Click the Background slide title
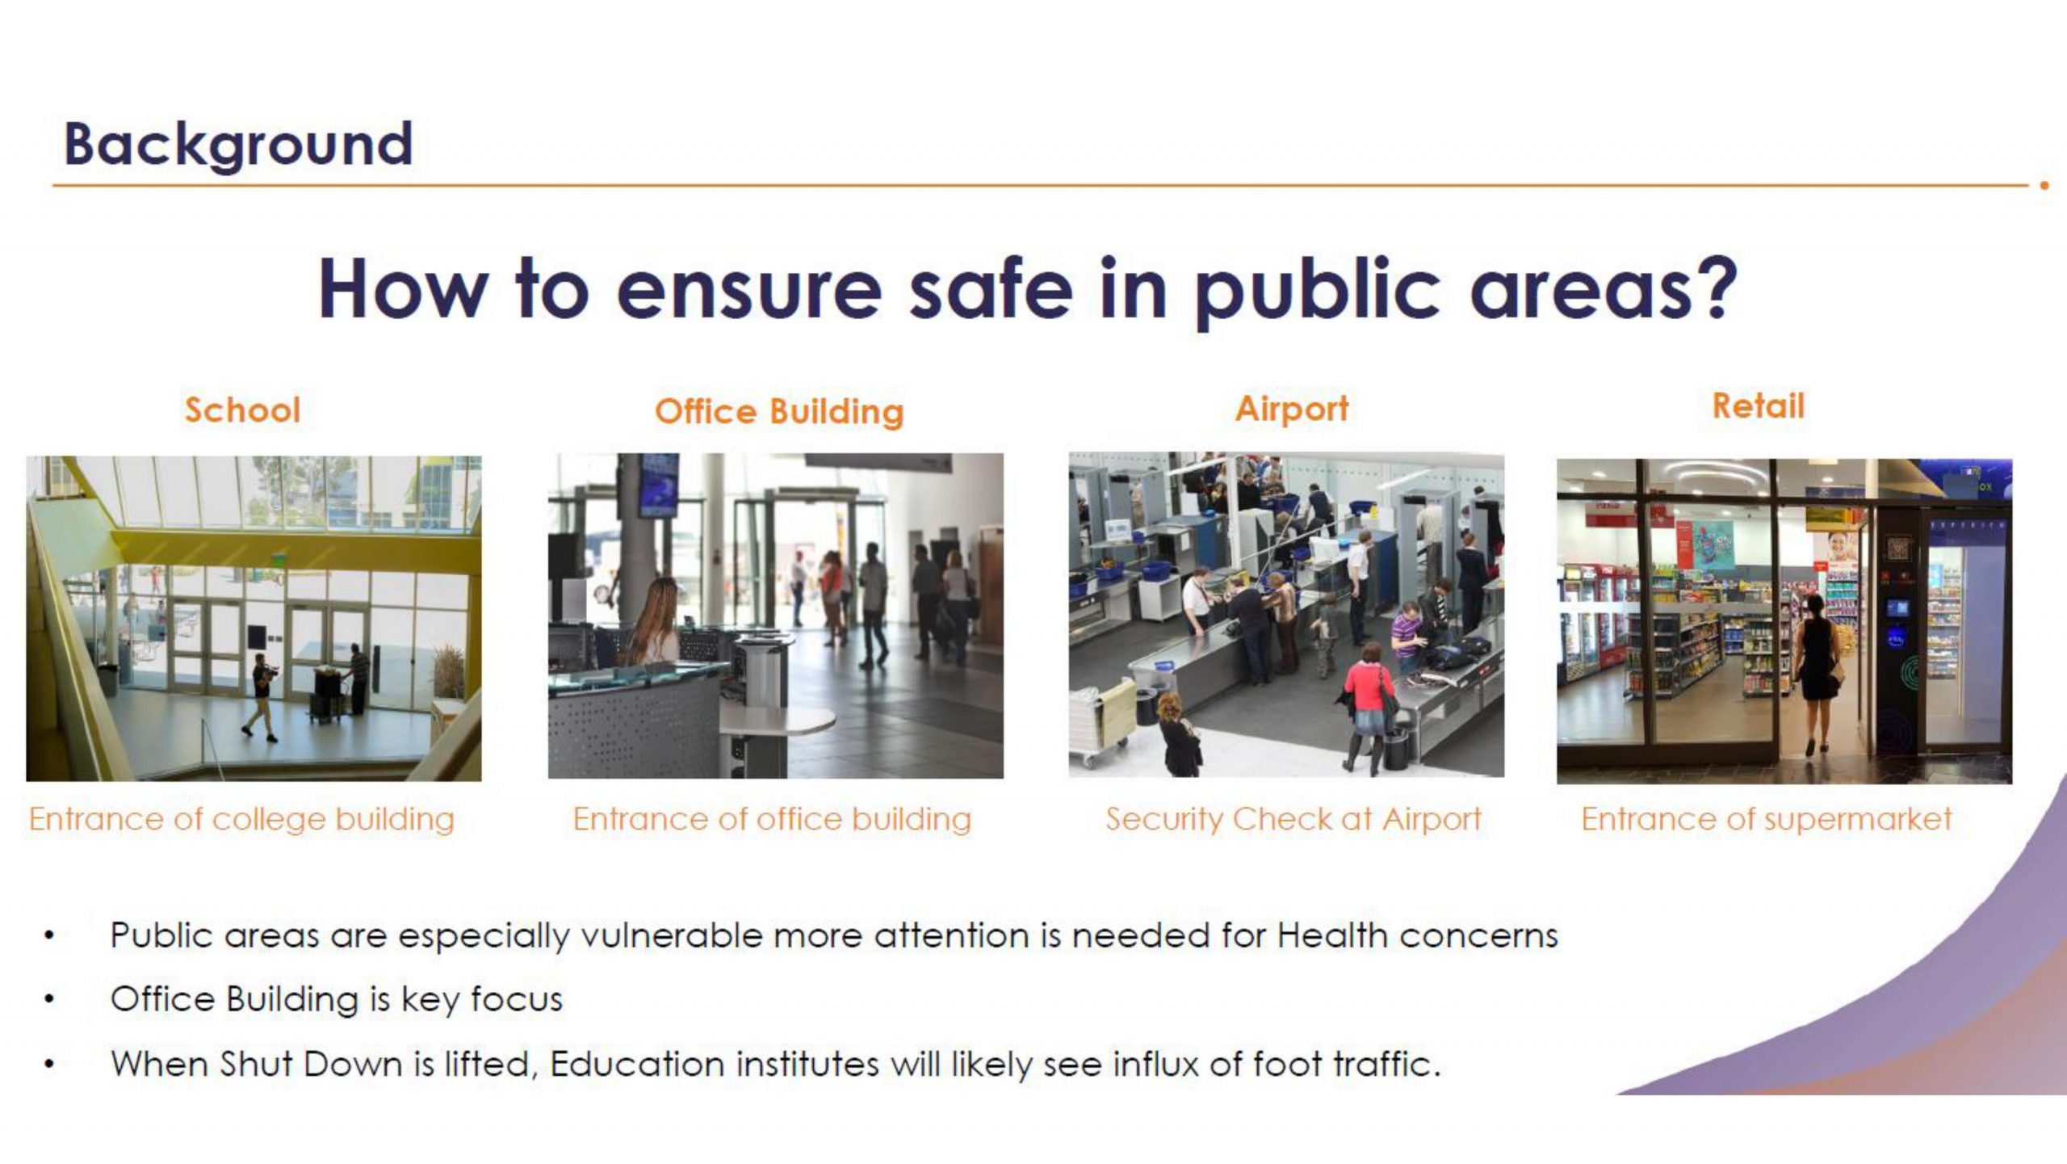[238, 145]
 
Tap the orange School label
[242, 410]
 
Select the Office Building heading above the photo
[779, 411]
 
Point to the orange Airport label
[1292, 409]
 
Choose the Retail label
[1758, 406]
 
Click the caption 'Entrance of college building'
[242, 820]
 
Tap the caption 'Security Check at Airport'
[1293, 819]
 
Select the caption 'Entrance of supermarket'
[1766, 819]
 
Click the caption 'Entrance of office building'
[772, 819]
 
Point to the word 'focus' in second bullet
[517, 999]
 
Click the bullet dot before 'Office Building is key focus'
[50, 1001]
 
